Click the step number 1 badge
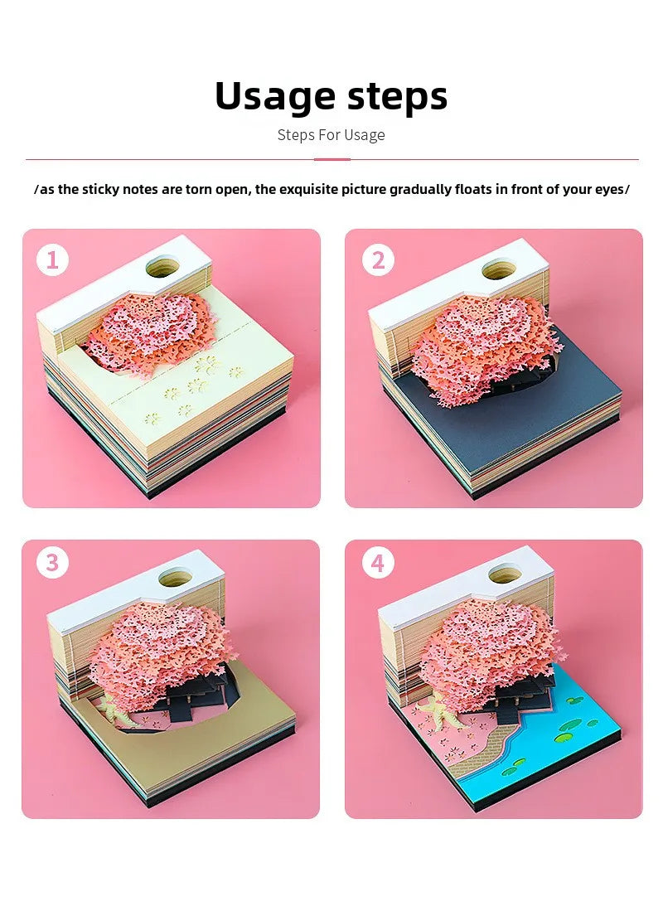[52, 259]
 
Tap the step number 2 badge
[378, 259]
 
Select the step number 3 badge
[52, 562]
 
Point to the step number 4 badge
[378, 562]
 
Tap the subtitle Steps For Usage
[331, 135]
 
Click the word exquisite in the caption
[308, 189]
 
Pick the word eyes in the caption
[609, 190]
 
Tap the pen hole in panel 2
[499, 269]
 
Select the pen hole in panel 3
[176, 578]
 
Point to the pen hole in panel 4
[505, 574]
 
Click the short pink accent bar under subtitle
[331, 159]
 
